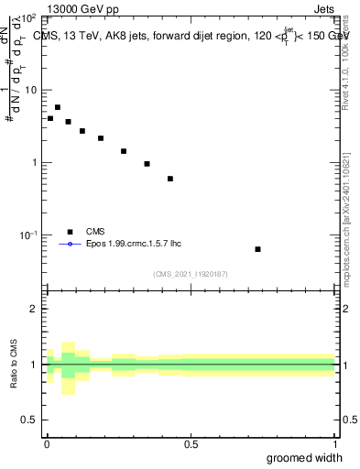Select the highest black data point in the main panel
[58, 107]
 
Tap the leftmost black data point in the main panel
[50, 118]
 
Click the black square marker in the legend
[69, 232]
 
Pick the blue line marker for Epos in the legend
[69, 245]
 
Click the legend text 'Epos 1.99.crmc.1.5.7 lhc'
[128, 245]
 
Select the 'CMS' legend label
[96, 232]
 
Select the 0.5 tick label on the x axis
[191, 443]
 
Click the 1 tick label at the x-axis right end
[334, 443]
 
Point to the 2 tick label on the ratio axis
[35, 309]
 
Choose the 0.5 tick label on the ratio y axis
[30, 420]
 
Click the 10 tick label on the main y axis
[31, 90]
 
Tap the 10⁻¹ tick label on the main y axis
[29, 235]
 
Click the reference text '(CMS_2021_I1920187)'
[191, 273]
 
